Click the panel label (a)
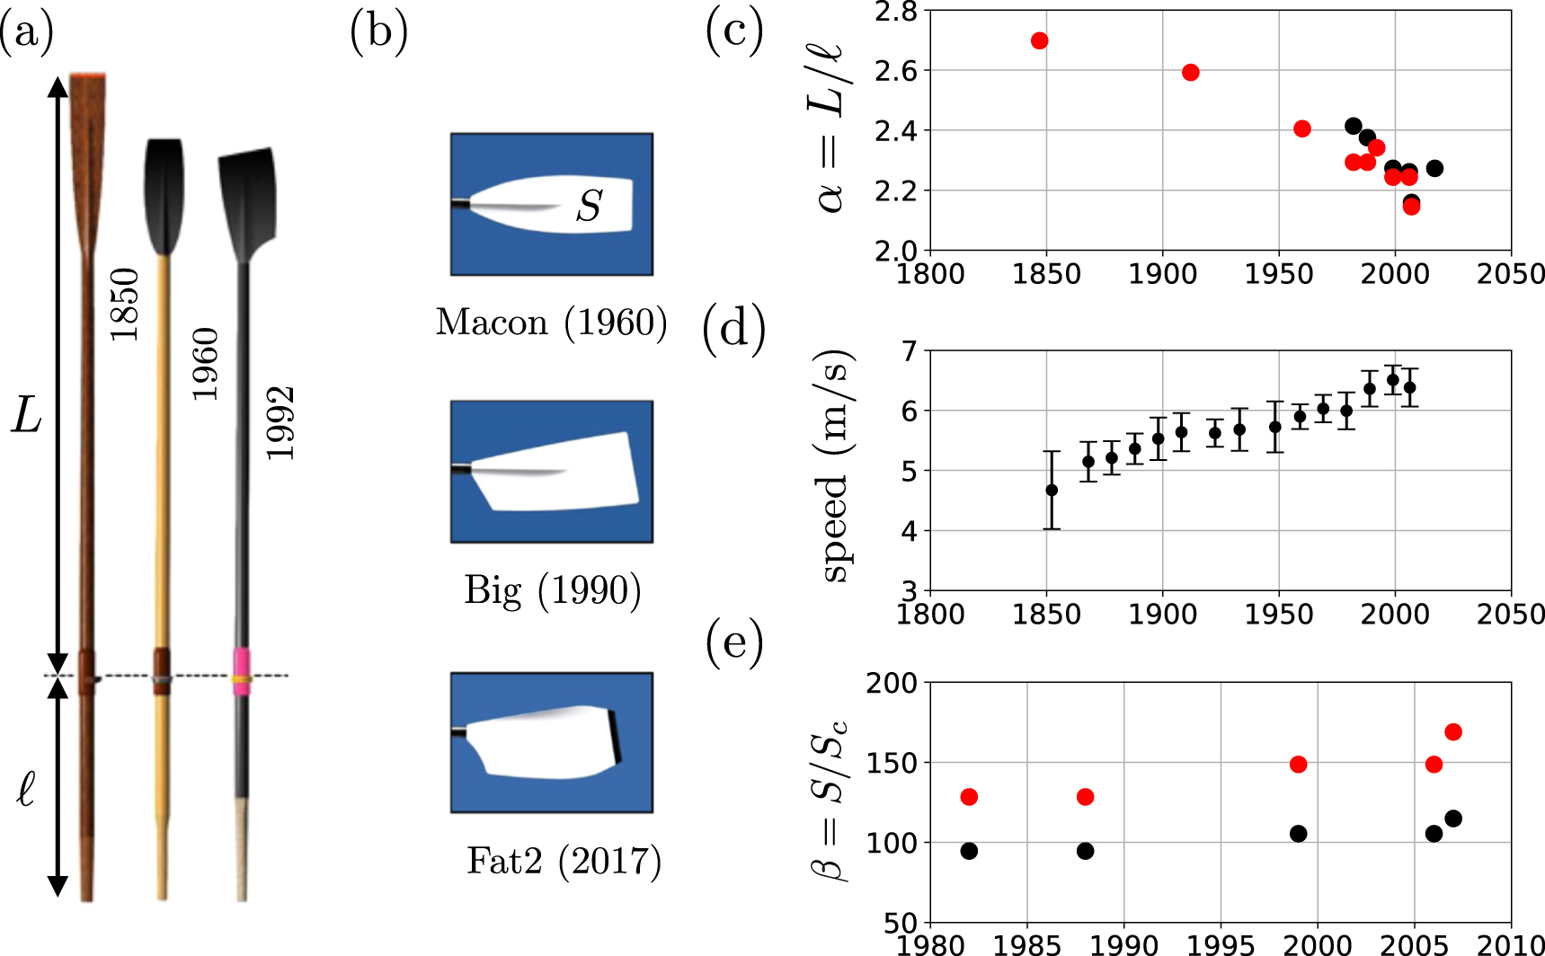click(27, 33)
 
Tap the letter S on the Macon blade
click(589, 206)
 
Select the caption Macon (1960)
click(551, 323)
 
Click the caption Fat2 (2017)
click(564, 861)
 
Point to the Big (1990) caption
click(552, 590)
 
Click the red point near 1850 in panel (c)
click(1039, 40)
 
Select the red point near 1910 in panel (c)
click(1190, 73)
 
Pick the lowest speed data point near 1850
click(1051, 490)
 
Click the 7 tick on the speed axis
click(909, 351)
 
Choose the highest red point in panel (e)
click(1452, 732)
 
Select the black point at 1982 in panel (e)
click(968, 851)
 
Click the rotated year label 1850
click(125, 305)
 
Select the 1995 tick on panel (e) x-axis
click(1221, 944)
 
